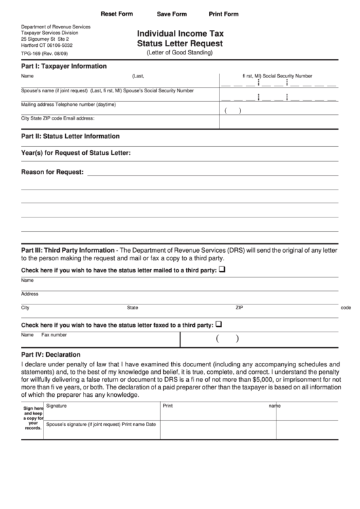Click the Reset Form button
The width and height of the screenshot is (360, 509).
[x=117, y=14]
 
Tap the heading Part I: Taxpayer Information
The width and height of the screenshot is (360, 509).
[x=64, y=67]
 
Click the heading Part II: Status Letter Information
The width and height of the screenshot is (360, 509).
[x=71, y=136]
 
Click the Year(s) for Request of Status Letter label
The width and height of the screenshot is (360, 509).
[x=76, y=153]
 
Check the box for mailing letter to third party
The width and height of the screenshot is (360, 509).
[x=221, y=270]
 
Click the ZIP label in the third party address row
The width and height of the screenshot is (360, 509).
[x=239, y=307]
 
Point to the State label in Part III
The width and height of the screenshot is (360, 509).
[x=132, y=307]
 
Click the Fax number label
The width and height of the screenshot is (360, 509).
[x=54, y=335]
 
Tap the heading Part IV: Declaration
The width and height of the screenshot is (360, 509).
[x=51, y=355]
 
